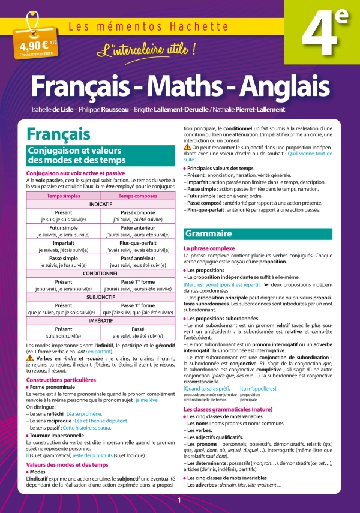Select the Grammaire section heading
click(209, 233)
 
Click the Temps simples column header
click(64, 196)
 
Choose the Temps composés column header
click(138, 196)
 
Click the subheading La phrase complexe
click(209, 248)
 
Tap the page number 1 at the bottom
click(179, 500)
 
